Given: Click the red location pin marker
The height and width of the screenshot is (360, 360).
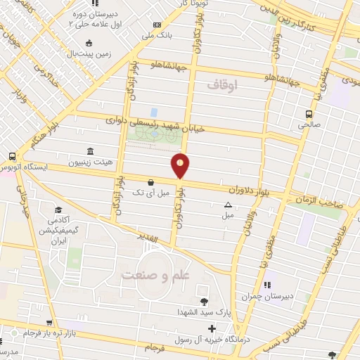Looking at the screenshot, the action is [x=181, y=165].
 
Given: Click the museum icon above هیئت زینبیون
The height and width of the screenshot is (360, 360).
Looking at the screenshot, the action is [x=89, y=151].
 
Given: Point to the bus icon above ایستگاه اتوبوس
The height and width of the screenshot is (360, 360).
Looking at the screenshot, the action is [x=13, y=156].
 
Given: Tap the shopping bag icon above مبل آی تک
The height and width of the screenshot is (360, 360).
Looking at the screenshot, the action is [x=151, y=182].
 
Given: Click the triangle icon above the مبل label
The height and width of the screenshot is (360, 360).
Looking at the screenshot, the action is [x=228, y=205].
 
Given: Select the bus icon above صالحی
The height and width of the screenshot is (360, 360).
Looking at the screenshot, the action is [x=309, y=114].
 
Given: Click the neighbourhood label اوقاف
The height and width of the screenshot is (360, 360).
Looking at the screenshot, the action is [x=224, y=84].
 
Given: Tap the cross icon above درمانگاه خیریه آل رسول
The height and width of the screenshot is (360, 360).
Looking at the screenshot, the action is [x=212, y=328].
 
